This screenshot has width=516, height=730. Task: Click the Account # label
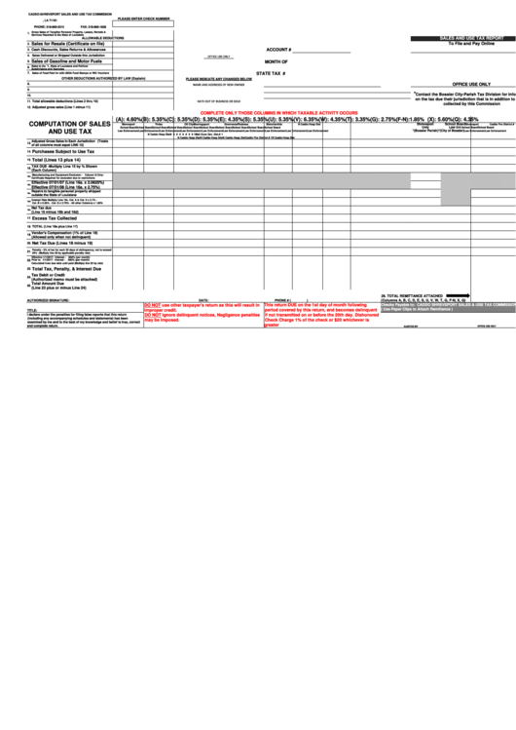[277, 48]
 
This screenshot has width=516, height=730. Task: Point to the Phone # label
[282, 300]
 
